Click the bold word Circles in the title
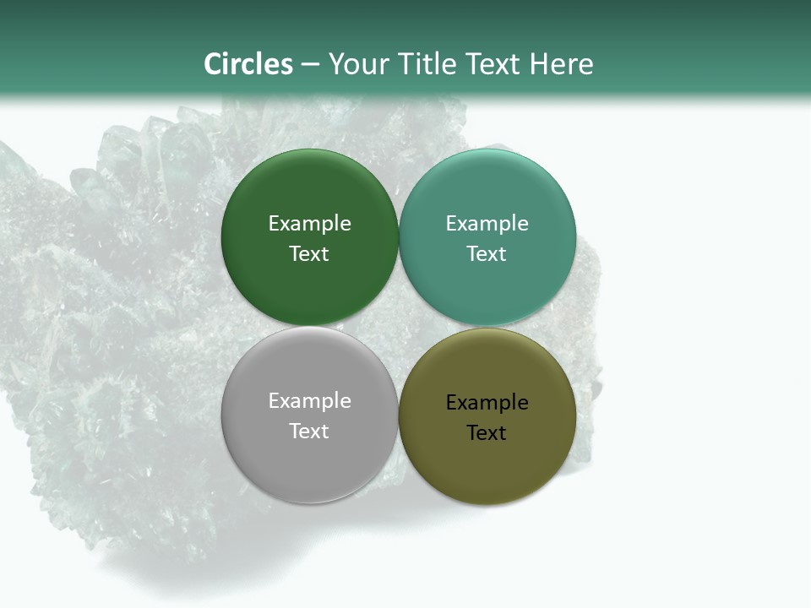click(248, 64)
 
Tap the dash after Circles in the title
click(310, 65)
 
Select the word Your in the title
click(357, 65)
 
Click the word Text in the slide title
click(495, 64)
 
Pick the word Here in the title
click(562, 64)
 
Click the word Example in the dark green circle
click(309, 224)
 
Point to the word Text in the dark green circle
click(309, 254)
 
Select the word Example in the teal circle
click(487, 224)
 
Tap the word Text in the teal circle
click(487, 254)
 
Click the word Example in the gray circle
click(309, 401)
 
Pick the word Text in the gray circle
click(309, 432)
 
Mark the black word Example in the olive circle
click(487, 403)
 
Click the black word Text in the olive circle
click(487, 433)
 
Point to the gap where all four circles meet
click(399, 327)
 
